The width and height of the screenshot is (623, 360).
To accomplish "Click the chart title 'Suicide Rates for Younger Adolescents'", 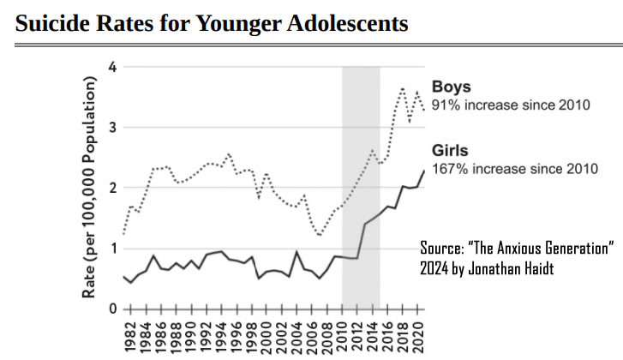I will pyautogui.click(x=212, y=23).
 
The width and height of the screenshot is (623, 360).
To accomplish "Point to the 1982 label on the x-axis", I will pyautogui.click(x=131, y=336).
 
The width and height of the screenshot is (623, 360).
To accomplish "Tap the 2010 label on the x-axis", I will pyautogui.click(x=341, y=336).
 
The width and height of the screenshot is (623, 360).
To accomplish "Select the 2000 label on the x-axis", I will pyautogui.click(x=266, y=336).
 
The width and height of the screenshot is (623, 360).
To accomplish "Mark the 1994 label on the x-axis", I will pyautogui.click(x=221, y=336).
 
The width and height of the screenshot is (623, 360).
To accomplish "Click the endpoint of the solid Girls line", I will pyautogui.click(x=423, y=171).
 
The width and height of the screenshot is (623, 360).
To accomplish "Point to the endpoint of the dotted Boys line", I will pyautogui.click(x=423, y=110).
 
